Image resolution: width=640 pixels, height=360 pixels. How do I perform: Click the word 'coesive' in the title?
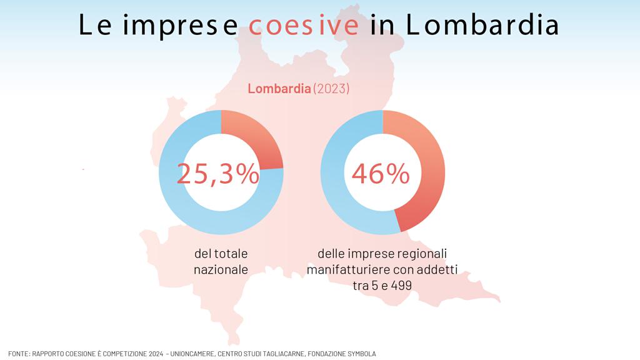304,25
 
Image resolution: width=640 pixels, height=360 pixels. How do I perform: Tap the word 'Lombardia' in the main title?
482,24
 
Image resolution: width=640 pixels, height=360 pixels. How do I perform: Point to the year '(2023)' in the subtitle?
331,89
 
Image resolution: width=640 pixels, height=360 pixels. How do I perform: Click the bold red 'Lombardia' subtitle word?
279,89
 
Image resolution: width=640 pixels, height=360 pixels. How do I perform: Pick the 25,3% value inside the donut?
218,174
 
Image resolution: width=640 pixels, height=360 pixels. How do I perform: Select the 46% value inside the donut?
381,174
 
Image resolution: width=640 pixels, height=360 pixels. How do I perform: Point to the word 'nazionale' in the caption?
221,270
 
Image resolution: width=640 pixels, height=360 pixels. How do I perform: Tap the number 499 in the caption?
402,286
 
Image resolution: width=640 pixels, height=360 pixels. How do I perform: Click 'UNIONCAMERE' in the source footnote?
192,354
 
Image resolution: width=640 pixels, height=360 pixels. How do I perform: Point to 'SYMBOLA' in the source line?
362,354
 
